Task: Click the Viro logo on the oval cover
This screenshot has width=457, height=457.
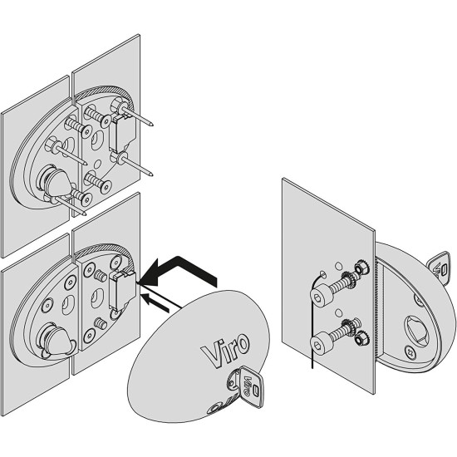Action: coord(225,350)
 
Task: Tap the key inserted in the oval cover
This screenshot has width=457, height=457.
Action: coord(246,386)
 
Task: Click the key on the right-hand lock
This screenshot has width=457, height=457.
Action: coord(439,268)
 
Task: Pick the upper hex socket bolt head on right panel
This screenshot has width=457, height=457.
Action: coord(318,297)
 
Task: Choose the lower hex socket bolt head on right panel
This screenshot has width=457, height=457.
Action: coord(318,345)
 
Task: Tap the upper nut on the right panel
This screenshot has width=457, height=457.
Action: coord(361,268)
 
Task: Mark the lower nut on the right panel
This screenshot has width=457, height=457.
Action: coord(361,339)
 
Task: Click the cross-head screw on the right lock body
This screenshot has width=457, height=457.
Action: coord(410,351)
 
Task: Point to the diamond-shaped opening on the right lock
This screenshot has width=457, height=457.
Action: coord(416,329)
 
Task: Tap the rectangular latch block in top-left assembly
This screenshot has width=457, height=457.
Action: coord(122,132)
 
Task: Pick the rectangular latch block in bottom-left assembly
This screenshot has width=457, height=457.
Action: coord(122,290)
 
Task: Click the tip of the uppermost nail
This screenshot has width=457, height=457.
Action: coord(152,125)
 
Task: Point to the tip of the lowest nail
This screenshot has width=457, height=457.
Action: coord(85,214)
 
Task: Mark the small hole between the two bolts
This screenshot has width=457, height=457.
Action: coord(339,313)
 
